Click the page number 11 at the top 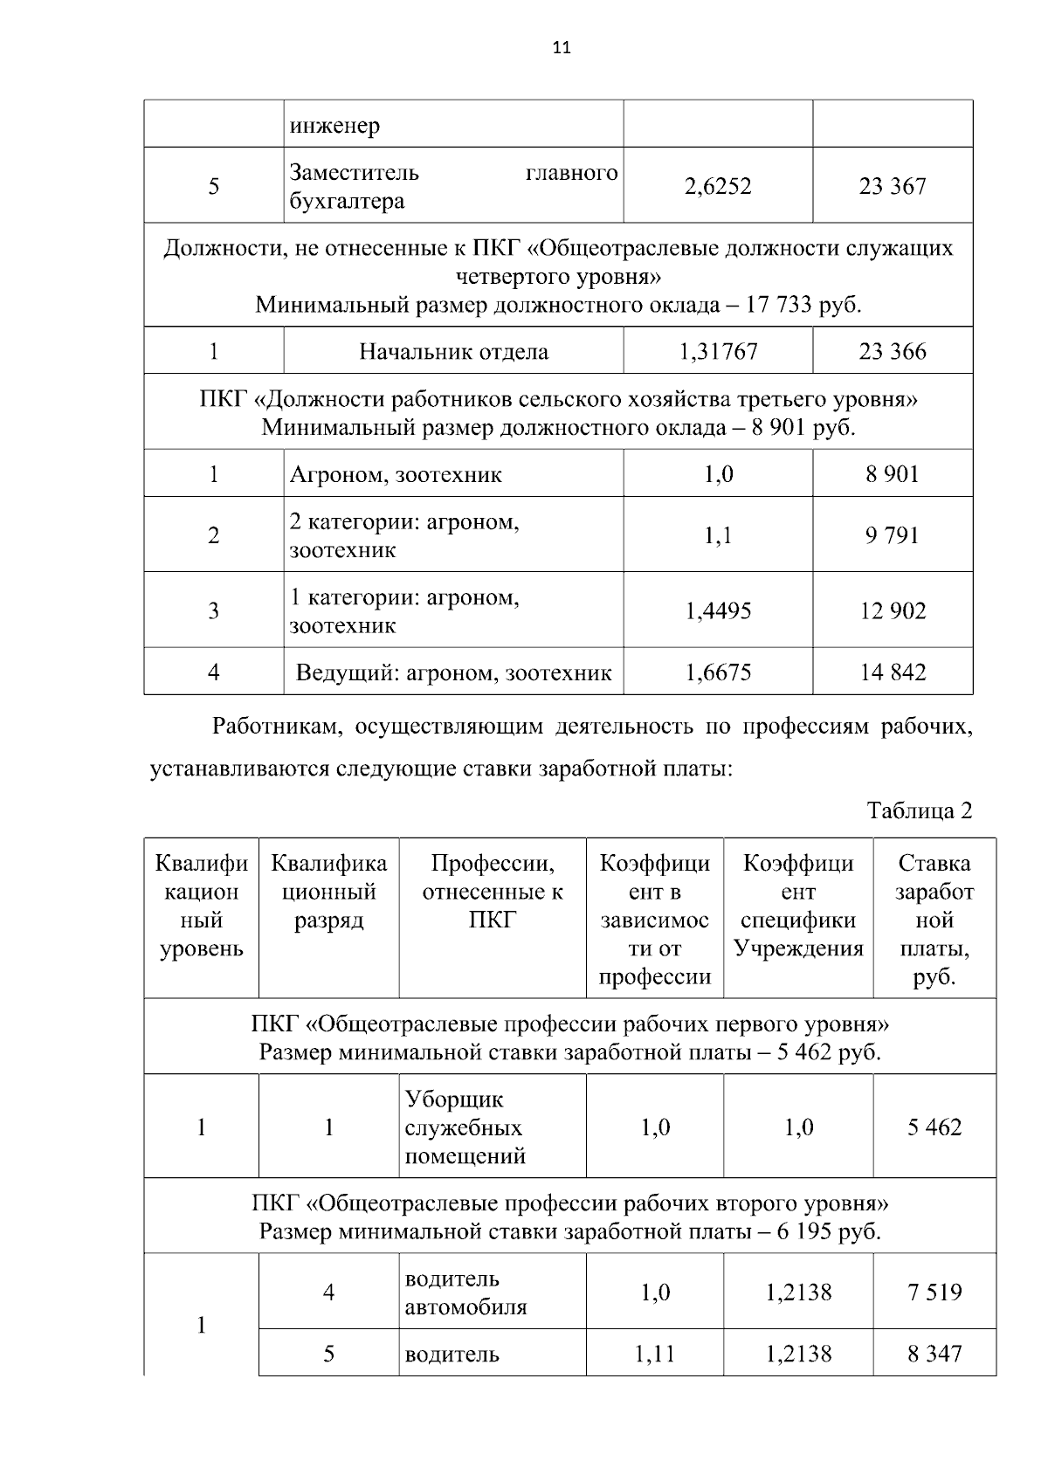click(x=562, y=49)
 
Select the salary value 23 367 click(x=892, y=186)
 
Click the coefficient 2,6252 click(x=718, y=186)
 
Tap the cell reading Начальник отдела click(x=453, y=352)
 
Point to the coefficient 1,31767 click(x=718, y=352)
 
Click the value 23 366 click(x=892, y=352)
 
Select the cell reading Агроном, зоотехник click(x=396, y=475)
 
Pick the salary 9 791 click(x=892, y=535)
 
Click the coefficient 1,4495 click(x=718, y=611)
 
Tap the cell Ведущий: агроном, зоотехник click(x=453, y=672)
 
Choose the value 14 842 click(x=892, y=672)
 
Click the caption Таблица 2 click(x=919, y=811)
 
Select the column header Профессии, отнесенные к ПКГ click(x=493, y=892)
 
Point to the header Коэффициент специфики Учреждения click(x=798, y=906)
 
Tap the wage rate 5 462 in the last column click(x=934, y=1127)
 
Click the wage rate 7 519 click(x=934, y=1292)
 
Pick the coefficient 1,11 click(x=654, y=1354)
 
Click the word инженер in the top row click(x=334, y=126)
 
